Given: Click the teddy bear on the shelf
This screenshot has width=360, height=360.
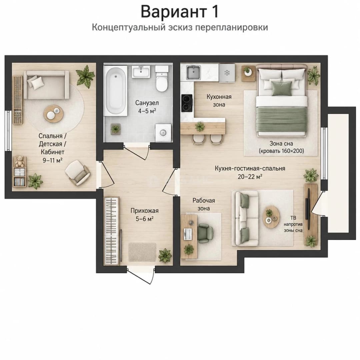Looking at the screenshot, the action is click(x=20, y=161).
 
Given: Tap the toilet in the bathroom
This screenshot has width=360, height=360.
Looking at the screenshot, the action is click(x=162, y=79).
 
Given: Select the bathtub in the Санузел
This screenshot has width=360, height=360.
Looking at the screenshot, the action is click(x=116, y=91).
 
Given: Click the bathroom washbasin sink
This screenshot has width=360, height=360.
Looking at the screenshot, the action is click(x=141, y=72).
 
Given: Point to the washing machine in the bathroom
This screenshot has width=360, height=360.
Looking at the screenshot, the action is click(x=163, y=133).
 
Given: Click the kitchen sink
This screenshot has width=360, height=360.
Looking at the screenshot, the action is click(x=193, y=72).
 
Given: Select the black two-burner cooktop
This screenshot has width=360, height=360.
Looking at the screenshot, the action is click(x=187, y=103).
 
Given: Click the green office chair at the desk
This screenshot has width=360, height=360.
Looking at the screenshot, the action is click(x=205, y=233).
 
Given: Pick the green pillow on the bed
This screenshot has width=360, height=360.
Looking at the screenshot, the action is click(x=281, y=88).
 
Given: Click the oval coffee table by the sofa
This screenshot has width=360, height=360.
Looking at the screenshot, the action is click(x=271, y=217).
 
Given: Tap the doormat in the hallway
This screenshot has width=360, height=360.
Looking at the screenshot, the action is click(x=142, y=252).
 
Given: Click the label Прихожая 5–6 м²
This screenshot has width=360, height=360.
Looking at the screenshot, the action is click(x=144, y=215).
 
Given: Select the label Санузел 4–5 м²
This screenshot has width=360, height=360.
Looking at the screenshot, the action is click(x=147, y=107).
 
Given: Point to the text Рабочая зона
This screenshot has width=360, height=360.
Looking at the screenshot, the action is click(x=204, y=204).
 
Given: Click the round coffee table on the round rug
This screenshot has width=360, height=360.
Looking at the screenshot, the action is click(x=53, y=114).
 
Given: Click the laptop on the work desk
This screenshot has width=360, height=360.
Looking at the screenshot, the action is click(x=188, y=234).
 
